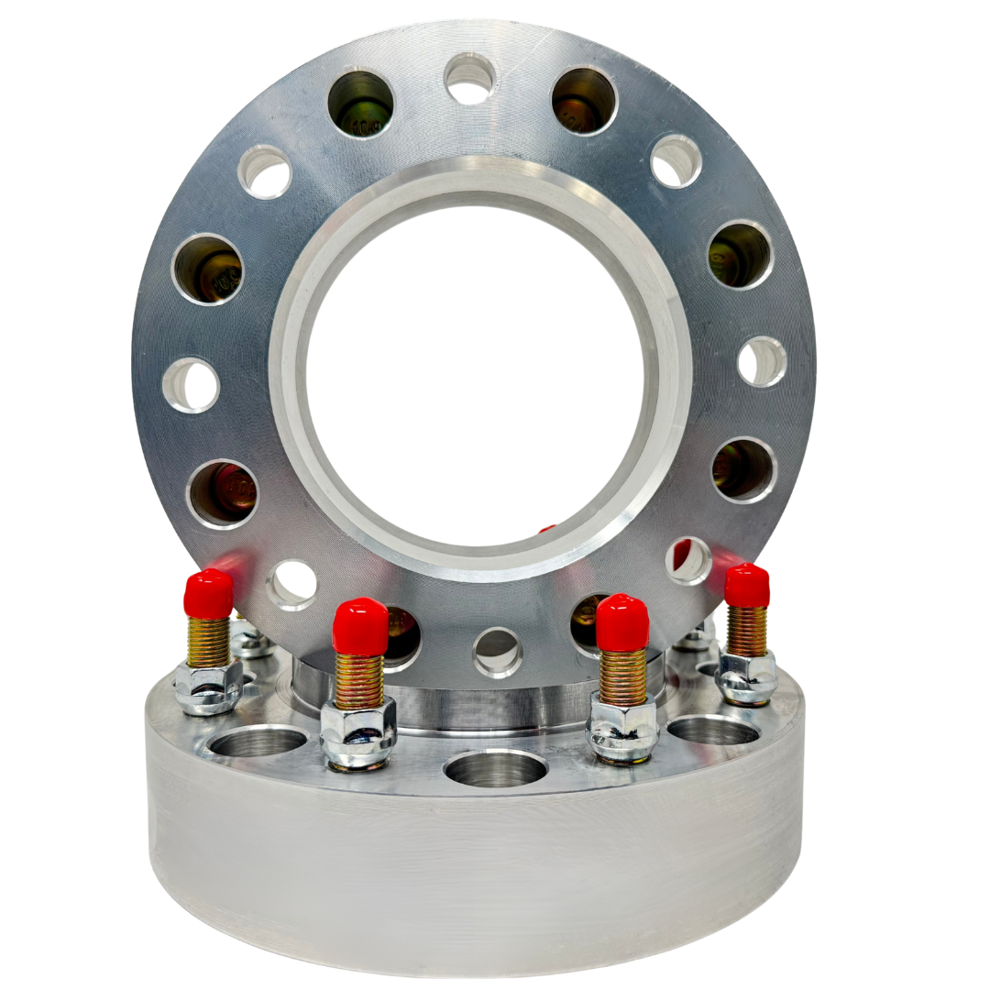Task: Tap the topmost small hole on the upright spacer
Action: click(x=469, y=78)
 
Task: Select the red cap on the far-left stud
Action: click(x=208, y=594)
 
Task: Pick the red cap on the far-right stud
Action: click(x=747, y=586)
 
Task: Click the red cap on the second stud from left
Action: click(x=360, y=627)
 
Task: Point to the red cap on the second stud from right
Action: click(x=622, y=623)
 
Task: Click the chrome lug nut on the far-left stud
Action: click(x=208, y=686)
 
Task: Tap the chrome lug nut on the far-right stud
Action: click(x=746, y=678)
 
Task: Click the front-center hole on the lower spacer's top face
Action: click(x=496, y=768)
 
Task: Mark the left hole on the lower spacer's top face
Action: click(x=258, y=741)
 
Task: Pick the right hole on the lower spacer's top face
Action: click(x=713, y=730)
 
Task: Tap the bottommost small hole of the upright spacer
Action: click(x=498, y=653)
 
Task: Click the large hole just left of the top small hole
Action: click(x=360, y=104)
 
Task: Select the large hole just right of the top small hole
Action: click(x=584, y=100)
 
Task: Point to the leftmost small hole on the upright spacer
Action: click(x=191, y=385)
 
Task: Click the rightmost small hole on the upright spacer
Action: click(x=762, y=361)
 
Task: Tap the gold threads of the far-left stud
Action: click(x=208, y=642)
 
